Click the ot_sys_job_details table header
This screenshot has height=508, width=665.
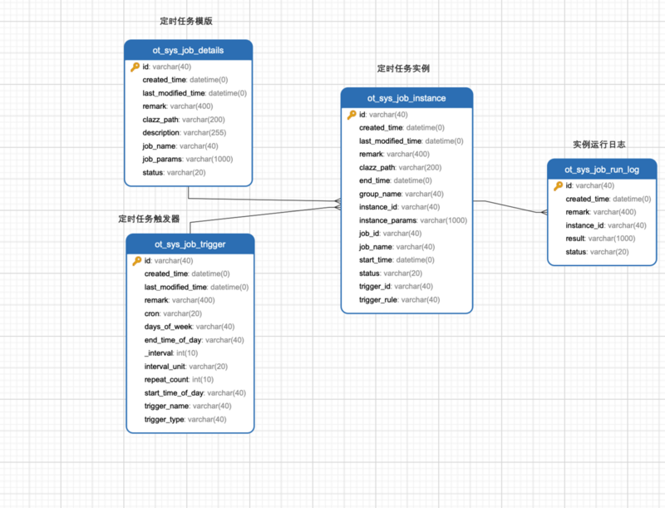188,50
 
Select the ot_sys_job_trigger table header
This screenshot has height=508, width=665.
190,244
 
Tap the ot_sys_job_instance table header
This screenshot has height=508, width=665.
406,98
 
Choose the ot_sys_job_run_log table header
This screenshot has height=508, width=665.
602,170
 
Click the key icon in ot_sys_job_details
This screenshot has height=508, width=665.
135,67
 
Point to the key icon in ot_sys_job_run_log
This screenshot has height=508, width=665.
559,185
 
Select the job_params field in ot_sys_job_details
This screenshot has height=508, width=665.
187,159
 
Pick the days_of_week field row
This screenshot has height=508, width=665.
189,327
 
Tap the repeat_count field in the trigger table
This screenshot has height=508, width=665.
179,379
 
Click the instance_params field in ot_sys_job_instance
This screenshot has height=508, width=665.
412,220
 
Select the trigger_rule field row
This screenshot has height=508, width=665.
399,299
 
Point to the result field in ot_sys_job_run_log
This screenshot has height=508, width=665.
597,239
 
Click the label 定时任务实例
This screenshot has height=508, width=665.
403,68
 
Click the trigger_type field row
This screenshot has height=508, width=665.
185,419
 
